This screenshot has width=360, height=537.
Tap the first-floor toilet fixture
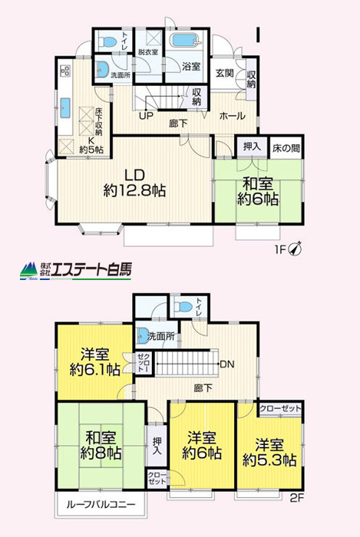click(x=108, y=42)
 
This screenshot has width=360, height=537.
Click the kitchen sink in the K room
click(x=65, y=108)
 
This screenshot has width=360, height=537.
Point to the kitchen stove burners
click(x=65, y=71)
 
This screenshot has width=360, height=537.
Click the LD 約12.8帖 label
click(x=134, y=183)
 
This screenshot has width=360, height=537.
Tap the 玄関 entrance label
click(x=225, y=73)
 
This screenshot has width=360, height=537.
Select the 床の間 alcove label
click(x=286, y=148)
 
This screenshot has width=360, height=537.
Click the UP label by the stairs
click(x=146, y=116)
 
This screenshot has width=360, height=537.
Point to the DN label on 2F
click(x=227, y=364)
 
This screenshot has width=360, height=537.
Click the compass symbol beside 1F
click(x=296, y=249)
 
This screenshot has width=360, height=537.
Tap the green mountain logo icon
click(x=28, y=271)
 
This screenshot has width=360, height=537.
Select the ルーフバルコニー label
click(x=101, y=504)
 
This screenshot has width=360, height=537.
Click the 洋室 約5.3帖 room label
click(x=269, y=453)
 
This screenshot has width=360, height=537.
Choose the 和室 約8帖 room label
click(x=101, y=445)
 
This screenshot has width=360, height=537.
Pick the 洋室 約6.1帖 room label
click(x=95, y=361)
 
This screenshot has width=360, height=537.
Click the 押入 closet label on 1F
click(x=252, y=147)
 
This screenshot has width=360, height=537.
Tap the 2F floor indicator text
click(x=297, y=498)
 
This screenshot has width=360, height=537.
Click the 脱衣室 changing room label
click(x=148, y=52)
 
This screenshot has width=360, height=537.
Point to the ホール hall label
click(x=233, y=116)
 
